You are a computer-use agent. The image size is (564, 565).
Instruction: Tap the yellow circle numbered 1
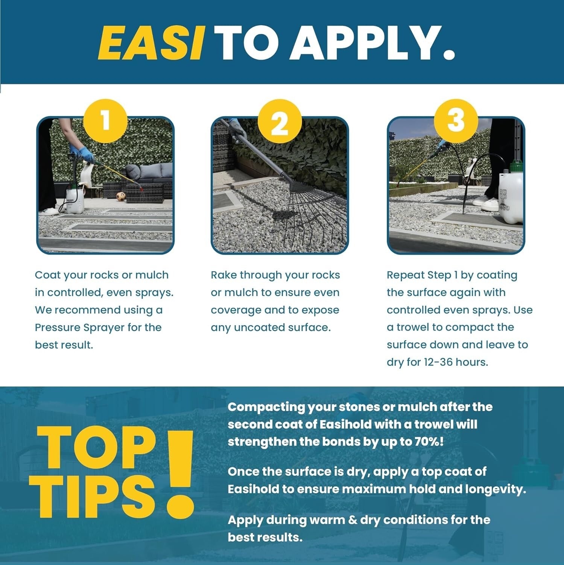coord(105,121)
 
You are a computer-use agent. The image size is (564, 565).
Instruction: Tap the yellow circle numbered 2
coord(280,121)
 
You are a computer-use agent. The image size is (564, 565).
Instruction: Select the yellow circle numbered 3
coord(456,121)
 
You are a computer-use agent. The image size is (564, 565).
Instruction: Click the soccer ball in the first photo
coord(120,196)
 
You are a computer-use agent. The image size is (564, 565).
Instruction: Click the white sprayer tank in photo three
coord(511,196)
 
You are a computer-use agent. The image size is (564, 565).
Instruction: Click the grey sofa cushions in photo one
coord(149,172)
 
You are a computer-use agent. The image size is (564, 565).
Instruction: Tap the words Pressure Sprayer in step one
coord(80,327)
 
